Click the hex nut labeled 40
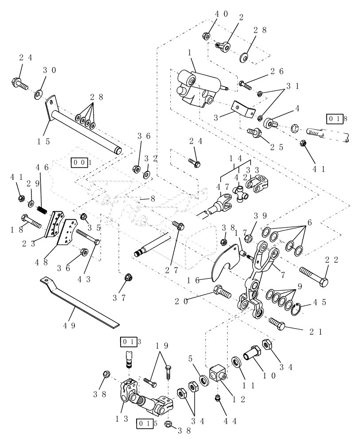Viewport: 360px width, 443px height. [x=206, y=35]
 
